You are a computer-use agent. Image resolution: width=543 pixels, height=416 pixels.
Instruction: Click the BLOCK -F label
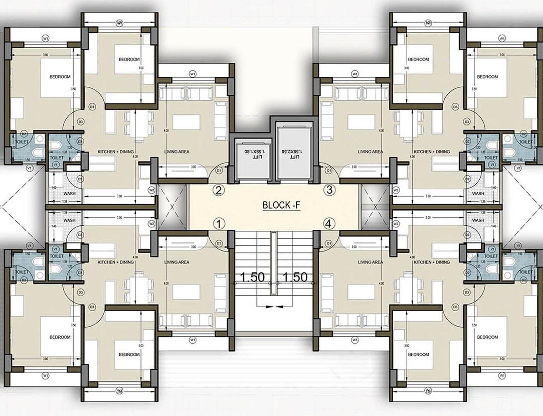point(281,205)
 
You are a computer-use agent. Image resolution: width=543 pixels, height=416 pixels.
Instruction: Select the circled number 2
point(219,190)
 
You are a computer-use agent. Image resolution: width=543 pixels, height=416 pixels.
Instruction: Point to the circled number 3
point(329,190)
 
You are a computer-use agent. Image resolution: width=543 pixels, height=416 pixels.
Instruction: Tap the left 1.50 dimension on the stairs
point(252,277)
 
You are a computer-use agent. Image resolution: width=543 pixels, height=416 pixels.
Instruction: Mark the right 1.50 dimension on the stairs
point(294,277)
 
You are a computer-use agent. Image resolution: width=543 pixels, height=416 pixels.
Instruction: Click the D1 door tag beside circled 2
point(219,171)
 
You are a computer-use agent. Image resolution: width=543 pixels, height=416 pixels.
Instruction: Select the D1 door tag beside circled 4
point(328,243)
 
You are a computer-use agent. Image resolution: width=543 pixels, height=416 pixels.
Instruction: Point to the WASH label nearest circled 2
point(70,193)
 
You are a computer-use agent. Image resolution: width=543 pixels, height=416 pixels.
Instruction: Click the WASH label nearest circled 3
point(478,193)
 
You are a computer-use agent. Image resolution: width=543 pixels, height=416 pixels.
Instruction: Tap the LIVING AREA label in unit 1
point(176,262)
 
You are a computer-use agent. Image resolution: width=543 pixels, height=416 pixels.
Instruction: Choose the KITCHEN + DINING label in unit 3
point(432,152)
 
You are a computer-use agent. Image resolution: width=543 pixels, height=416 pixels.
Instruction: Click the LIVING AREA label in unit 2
point(176,152)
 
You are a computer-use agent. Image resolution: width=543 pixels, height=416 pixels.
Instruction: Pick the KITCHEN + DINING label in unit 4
point(432,262)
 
